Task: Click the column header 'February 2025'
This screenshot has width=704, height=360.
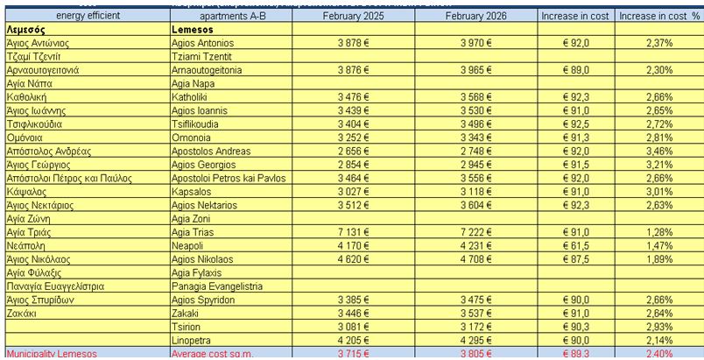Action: click(x=352, y=16)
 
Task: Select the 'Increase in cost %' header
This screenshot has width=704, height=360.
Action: click(x=659, y=16)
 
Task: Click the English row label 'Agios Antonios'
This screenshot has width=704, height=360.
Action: click(x=203, y=43)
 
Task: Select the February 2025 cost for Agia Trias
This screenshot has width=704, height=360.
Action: click(x=353, y=232)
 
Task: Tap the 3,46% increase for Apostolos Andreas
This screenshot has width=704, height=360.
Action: click(x=658, y=151)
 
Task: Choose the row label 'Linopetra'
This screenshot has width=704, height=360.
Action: click(x=195, y=340)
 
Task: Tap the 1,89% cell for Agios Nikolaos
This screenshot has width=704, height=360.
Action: click(x=658, y=259)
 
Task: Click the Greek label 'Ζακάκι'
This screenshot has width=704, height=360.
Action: click(x=21, y=313)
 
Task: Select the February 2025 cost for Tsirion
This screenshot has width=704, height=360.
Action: click(x=353, y=327)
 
